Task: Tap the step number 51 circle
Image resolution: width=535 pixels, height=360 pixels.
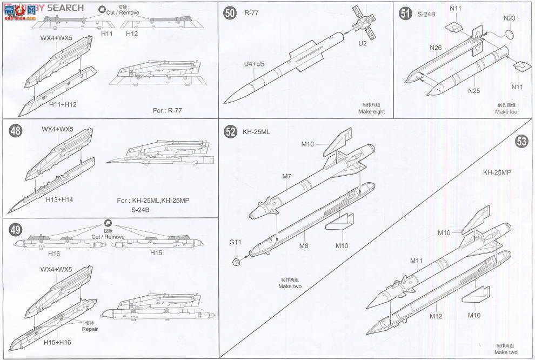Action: [x=405, y=14]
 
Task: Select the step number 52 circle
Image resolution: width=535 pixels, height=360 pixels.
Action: [x=231, y=131]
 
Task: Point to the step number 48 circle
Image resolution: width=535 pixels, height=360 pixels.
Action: [x=17, y=132]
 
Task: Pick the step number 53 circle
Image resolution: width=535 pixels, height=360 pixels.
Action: [x=521, y=142]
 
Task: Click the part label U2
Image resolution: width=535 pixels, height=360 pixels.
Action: [x=362, y=43]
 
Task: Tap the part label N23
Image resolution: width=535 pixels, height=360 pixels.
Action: [x=509, y=18]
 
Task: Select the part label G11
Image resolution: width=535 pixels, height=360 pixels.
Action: [x=235, y=243]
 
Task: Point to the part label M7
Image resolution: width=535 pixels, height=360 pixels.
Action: [x=286, y=176]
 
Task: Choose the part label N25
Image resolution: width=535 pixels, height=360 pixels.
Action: [x=474, y=90]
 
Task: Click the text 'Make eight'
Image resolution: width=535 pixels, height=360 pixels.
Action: [x=371, y=112]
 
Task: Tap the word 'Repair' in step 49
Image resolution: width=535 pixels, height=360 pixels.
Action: [x=90, y=328]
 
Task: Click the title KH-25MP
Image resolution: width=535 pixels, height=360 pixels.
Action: [x=498, y=172]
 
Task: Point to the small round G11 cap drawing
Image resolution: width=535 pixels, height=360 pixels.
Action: [x=236, y=262]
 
